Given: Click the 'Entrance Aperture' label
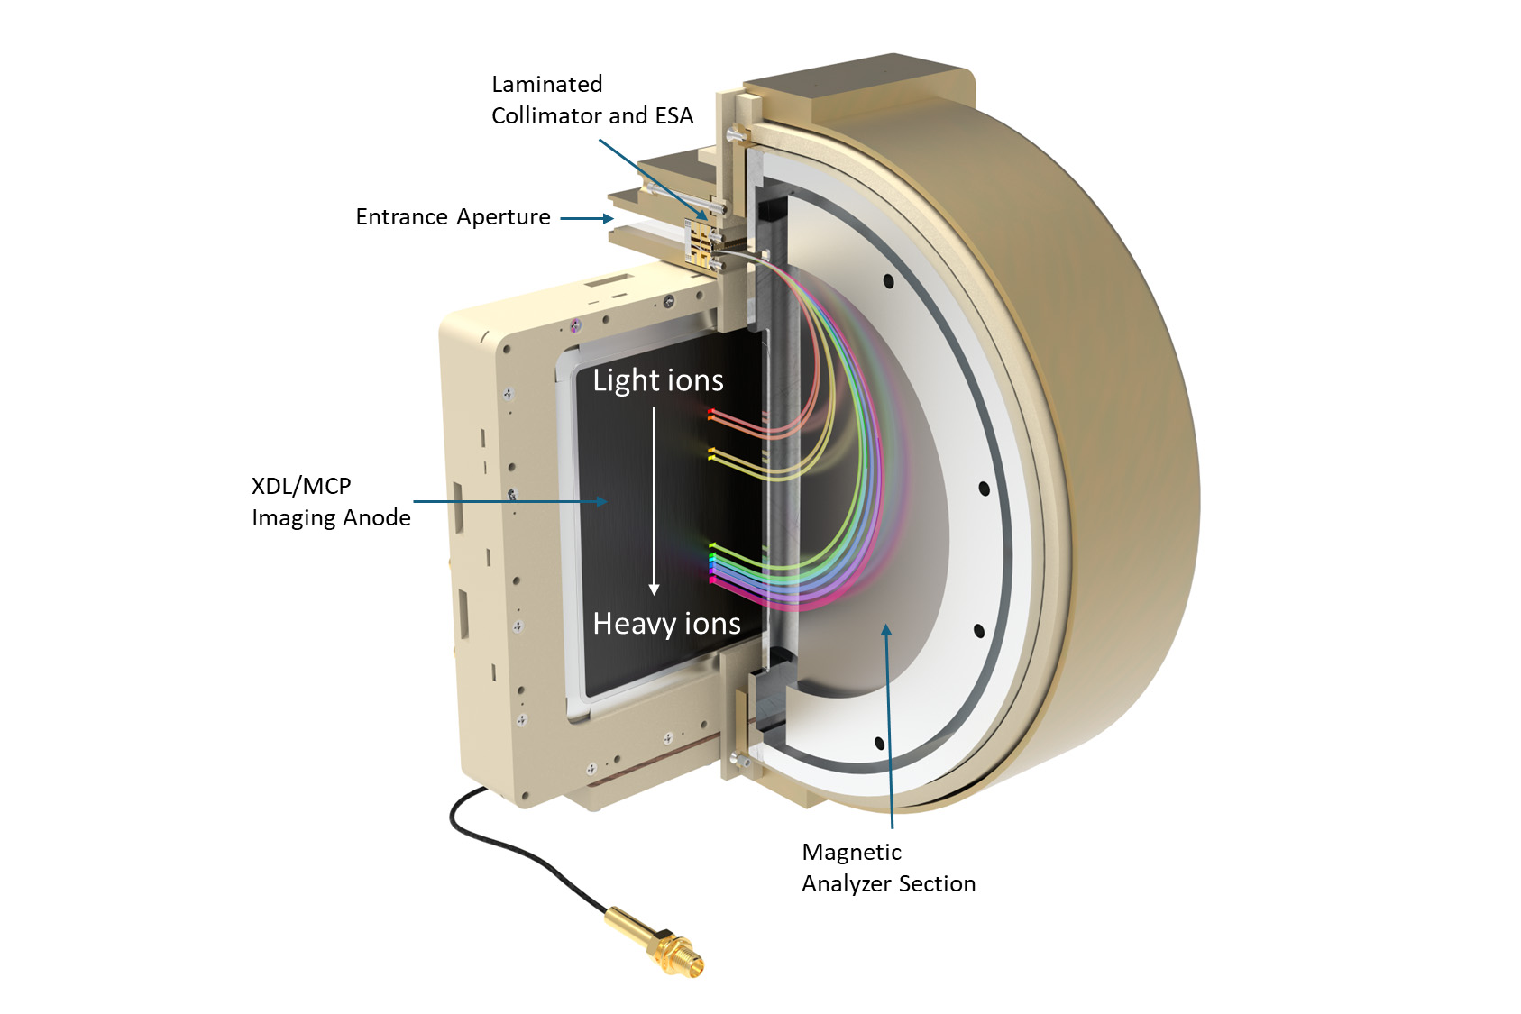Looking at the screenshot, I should tap(453, 217).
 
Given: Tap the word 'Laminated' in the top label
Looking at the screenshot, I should tap(546, 85).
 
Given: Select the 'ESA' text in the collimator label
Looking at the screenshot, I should tap(674, 116).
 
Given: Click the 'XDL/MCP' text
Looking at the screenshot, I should tap(301, 487).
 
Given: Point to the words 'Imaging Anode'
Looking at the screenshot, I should tap(331, 518).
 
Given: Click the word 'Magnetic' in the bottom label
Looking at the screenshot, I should tap(851, 853).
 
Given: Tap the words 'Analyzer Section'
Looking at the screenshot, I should tap(888, 884).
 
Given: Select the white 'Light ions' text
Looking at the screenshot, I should tap(658, 380).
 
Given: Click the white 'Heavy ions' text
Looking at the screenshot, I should tap(666, 624).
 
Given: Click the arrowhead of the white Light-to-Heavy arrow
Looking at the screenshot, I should tap(654, 589).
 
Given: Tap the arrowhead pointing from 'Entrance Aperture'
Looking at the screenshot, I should tap(609, 218).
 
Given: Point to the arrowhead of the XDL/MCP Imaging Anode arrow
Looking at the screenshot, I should tap(602, 501).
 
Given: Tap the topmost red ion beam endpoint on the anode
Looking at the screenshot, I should tap(711, 412).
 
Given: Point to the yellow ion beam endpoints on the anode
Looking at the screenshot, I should tap(712, 453).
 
